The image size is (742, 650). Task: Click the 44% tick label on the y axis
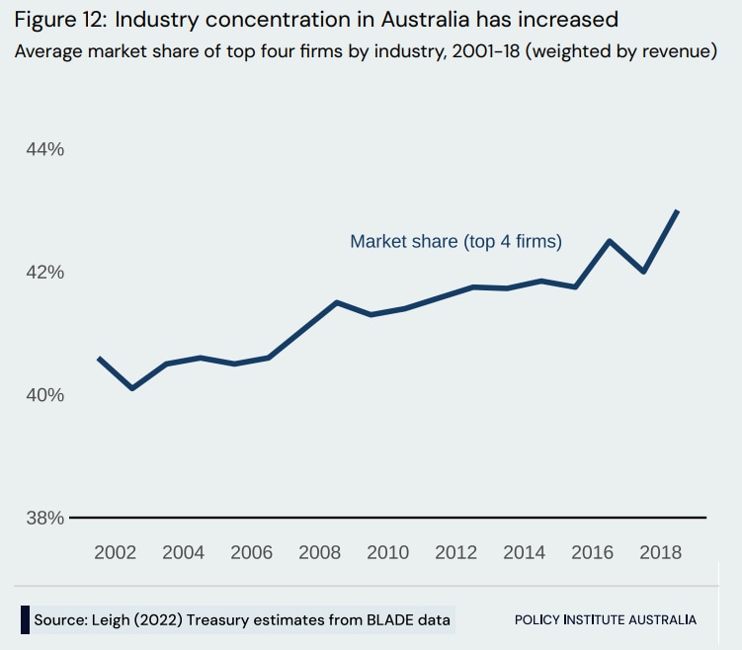(x=44, y=149)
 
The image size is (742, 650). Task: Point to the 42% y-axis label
(x=44, y=272)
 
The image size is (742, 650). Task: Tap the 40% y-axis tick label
(x=44, y=395)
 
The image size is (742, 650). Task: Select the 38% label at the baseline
(x=44, y=518)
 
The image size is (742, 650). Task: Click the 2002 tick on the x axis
(x=115, y=552)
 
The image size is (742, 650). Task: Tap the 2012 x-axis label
(x=455, y=552)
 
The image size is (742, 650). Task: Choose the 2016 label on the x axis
(x=592, y=552)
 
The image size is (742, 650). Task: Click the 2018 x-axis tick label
(x=660, y=552)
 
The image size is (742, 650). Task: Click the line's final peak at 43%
(x=677, y=210)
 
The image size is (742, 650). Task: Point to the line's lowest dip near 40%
(x=131, y=388)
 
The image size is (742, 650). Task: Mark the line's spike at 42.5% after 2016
(x=610, y=241)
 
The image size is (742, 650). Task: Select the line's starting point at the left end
(x=99, y=359)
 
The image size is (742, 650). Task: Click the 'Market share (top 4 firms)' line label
(x=455, y=241)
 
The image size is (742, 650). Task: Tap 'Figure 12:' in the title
(x=61, y=21)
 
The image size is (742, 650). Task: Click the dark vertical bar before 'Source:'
(x=25, y=619)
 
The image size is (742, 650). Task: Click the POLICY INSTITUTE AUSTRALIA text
(x=605, y=620)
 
